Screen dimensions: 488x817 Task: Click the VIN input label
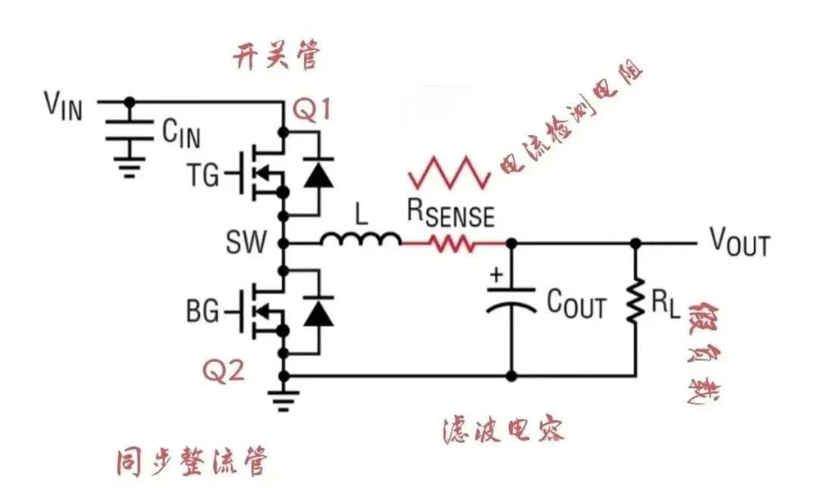[63, 105]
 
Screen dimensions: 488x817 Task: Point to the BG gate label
[201, 310]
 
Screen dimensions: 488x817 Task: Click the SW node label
[246, 243]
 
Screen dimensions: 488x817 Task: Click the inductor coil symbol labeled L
[361, 240]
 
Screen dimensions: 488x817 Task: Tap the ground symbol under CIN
[129, 166]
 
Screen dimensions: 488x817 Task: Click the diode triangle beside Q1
[318, 173]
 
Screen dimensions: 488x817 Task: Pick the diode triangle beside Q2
[318, 312]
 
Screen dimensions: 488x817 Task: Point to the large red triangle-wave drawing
[449, 171]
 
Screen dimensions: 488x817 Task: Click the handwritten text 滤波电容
[503, 431]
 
